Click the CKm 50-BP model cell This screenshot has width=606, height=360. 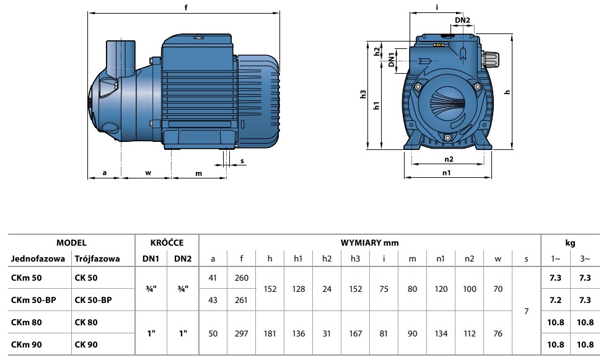[33, 300]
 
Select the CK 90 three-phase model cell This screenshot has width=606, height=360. [86, 345]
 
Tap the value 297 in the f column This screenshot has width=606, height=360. [242, 333]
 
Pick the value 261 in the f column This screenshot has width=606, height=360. [241, 300]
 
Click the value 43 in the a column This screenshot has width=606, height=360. [213, 300]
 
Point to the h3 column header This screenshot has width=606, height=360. [355, 259]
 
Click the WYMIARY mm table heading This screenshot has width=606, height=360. [369, 243]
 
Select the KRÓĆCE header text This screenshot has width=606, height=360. [167, 242]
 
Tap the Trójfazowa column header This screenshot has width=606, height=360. [97, 259]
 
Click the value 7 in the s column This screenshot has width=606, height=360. [526, 311]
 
